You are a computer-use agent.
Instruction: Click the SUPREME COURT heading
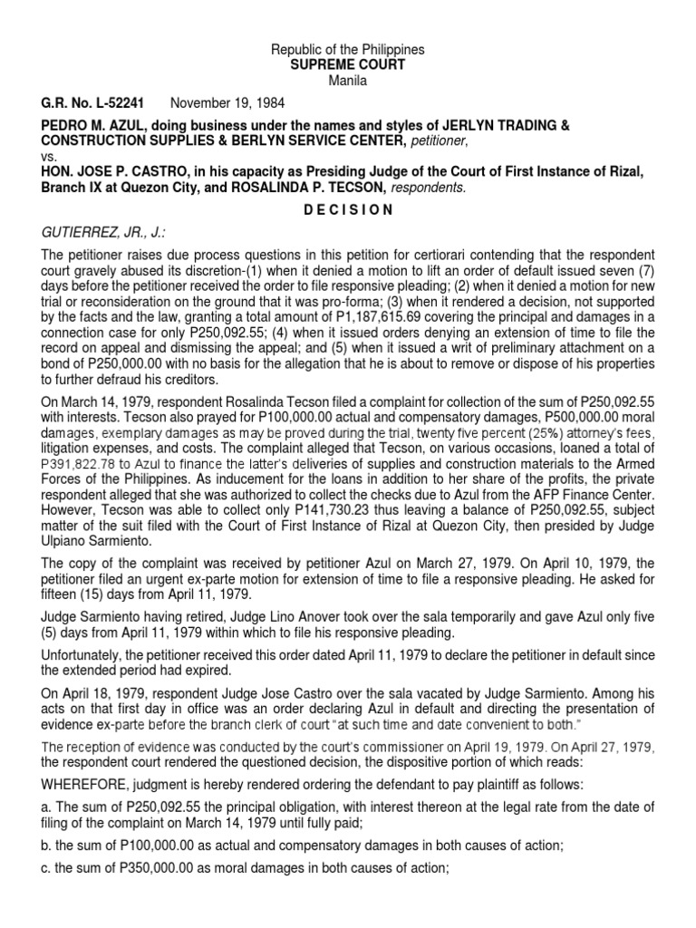348,64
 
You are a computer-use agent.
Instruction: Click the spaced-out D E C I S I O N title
348,210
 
